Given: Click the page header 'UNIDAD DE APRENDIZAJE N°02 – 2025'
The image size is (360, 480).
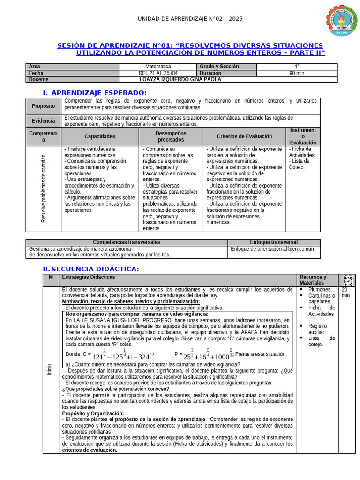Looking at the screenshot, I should click(x=190, y=18).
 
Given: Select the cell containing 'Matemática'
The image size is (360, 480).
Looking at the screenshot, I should click(x=158, y=67).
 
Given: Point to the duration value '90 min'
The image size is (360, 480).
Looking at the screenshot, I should click(x=297, y=73).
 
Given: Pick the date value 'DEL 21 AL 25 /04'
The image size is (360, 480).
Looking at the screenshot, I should click(x=158, y=73).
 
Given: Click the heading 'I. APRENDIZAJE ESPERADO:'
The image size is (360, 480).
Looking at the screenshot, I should click(x=95, y=93).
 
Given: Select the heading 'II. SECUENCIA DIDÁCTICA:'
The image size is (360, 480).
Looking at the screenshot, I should click(x=90, y=269).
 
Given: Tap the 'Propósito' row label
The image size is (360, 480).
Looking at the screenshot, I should click(x=43, y=106).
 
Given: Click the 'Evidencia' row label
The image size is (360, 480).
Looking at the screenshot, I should click(x=43, y=121).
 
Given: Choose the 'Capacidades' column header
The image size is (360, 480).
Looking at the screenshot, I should click(x=100, y=136).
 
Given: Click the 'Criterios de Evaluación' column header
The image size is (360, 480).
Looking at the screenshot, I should click(x=244, y=136).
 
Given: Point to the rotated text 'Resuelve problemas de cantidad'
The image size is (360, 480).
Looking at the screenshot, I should click(x=44, y=188).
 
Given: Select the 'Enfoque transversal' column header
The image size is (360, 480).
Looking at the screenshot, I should click(x=274, y=242).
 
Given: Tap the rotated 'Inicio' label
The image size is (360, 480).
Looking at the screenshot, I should click(x=50, y=369).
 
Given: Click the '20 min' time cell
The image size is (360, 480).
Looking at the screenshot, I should click(x=346, y=292).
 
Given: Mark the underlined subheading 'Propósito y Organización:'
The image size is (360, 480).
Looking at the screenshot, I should click(x=93, y=413).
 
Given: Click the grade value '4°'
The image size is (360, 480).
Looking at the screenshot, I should click(x=297, y=67).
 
